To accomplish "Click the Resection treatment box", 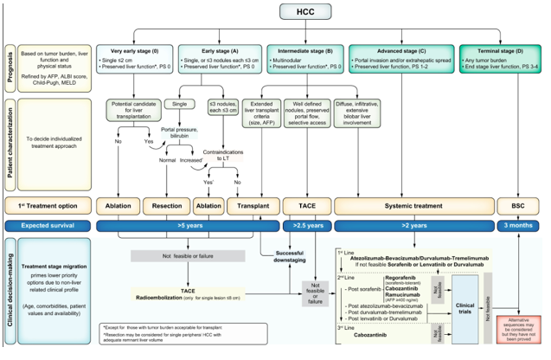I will [x=166, y=207].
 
